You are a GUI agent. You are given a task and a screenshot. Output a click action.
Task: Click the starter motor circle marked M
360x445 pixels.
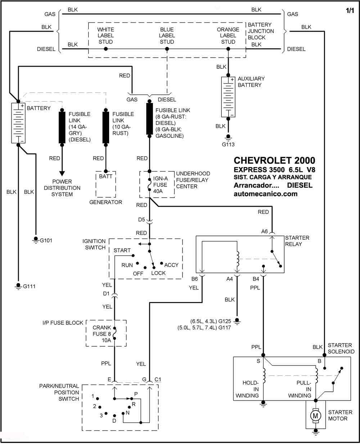[x=315, y=415]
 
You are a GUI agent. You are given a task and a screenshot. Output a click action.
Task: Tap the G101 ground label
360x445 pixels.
[x=46, y=241]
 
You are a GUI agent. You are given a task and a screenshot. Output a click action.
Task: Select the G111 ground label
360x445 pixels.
[x=29, y=286]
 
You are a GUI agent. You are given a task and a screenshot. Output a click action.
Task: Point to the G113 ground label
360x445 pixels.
[x=228, y=144]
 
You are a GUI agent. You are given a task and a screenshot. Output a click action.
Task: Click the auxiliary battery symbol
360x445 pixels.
[x=228, y=97]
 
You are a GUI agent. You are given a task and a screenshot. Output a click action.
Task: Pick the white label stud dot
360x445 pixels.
[x=106, y=49]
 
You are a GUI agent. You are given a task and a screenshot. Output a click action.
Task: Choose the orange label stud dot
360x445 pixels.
[x=228, y=49]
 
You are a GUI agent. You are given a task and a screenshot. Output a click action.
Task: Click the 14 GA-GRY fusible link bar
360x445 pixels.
[x=62, y=127]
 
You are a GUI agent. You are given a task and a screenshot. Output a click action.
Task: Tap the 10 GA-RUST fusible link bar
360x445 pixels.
[x=106, y=127]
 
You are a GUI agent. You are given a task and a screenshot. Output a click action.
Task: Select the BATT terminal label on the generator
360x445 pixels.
[x=105, y=176]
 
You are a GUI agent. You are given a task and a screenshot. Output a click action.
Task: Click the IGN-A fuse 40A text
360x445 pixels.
[x=161, y=185]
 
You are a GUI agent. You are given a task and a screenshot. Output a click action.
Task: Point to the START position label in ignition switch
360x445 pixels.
[x=122, y=250]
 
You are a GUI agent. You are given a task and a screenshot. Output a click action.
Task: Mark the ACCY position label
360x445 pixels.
[x=171, y=265]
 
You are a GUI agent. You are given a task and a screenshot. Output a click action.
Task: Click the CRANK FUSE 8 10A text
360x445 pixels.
[x=102, y=334]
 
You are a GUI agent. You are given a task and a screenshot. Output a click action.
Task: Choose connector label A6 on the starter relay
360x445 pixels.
[x=264, y=232]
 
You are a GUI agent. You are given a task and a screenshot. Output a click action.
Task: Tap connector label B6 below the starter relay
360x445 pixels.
[x=194, y=279]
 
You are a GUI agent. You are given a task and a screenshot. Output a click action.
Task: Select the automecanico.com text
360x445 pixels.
[x=266, y=194]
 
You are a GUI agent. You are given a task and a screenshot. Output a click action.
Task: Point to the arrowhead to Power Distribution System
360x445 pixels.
[x=62, y=174]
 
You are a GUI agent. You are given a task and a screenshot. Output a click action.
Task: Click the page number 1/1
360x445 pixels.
[x=350, y=11]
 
